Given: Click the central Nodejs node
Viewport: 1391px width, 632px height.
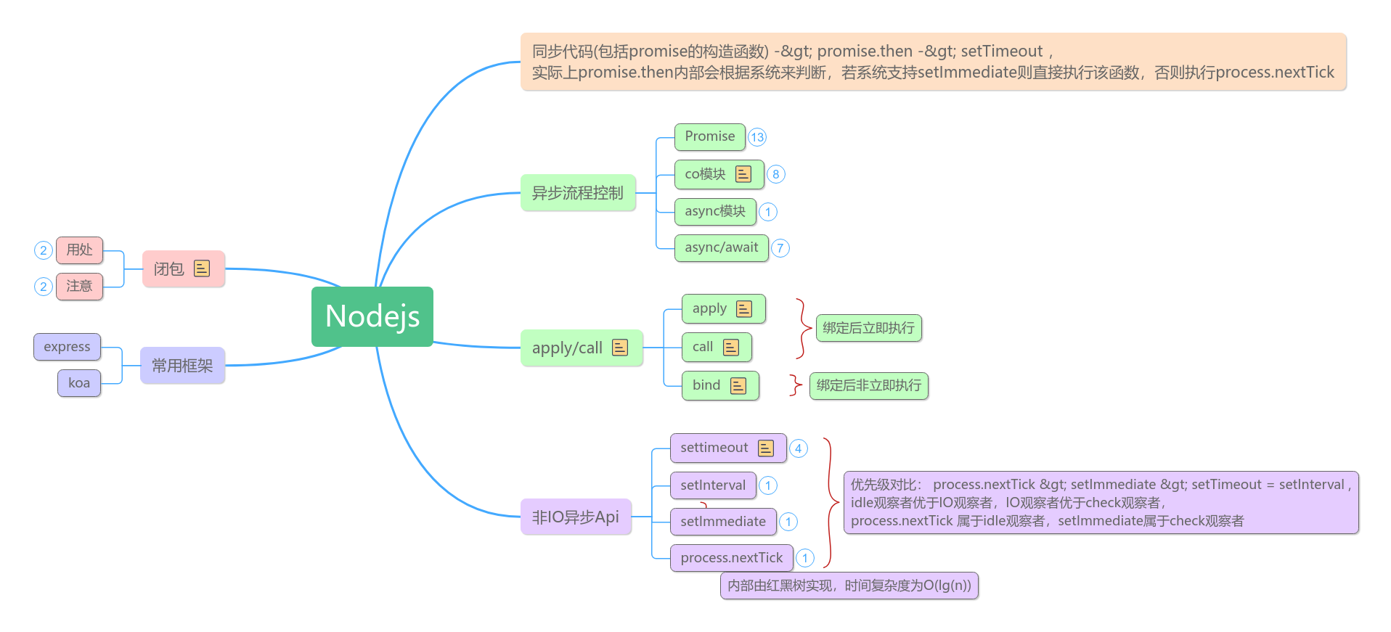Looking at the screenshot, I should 372,316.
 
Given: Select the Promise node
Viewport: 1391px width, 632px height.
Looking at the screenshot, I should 709,136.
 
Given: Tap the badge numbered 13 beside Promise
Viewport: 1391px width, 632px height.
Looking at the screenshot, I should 757,137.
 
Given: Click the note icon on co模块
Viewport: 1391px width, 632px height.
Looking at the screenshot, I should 743,174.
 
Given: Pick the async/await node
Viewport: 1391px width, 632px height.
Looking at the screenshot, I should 721,247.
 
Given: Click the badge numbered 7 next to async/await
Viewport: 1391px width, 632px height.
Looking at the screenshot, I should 780,248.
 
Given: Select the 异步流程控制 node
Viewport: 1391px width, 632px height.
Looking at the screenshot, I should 577,193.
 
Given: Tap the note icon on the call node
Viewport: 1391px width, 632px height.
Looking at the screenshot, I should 731,348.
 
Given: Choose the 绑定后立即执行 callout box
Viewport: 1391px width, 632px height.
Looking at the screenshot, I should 868,328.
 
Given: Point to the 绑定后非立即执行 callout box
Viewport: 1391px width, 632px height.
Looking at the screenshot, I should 868,385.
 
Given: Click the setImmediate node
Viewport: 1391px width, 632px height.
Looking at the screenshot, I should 722,522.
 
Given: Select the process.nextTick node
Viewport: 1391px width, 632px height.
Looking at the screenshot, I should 731,558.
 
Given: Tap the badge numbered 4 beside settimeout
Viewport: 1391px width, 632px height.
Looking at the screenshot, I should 798,448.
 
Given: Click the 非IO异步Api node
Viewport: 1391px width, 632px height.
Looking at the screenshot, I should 575,517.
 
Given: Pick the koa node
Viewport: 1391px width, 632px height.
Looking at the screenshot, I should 79,383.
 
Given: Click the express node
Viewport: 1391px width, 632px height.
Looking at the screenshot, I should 67,347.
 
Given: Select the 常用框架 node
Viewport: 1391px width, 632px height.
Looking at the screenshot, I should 182,366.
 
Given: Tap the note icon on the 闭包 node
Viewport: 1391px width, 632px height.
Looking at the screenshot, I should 202,268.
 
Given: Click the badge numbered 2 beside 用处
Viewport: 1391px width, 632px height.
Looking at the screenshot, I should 44,250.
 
